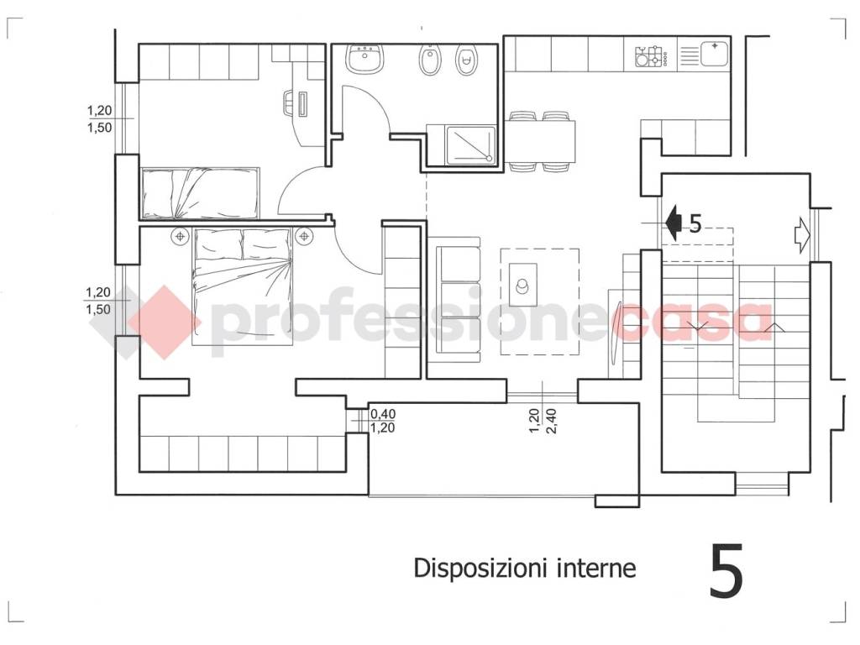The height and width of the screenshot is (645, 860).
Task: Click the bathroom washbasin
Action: pyautogui.click(x=365, y=59)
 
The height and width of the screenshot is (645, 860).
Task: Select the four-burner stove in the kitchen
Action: pyautogui.click(x=651, y=57)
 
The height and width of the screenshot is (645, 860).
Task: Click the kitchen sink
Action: pyautogui.click(x=711, y=55)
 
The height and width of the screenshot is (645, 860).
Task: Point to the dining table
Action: pyautogui.click(x=542, y=141)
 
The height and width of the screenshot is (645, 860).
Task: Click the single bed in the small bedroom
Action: pyautogui.click(x=202, y=193)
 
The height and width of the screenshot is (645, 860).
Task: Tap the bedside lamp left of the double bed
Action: pyautogui.click(x=180, y=238)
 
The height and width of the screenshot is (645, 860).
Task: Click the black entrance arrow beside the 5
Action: pyautogui.click(x=673, y=222)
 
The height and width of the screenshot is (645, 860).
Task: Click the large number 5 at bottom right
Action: pyautogui.click(x=726, y=571)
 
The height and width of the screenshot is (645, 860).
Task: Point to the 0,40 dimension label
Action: pyautogui.click(x=382, y=413)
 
